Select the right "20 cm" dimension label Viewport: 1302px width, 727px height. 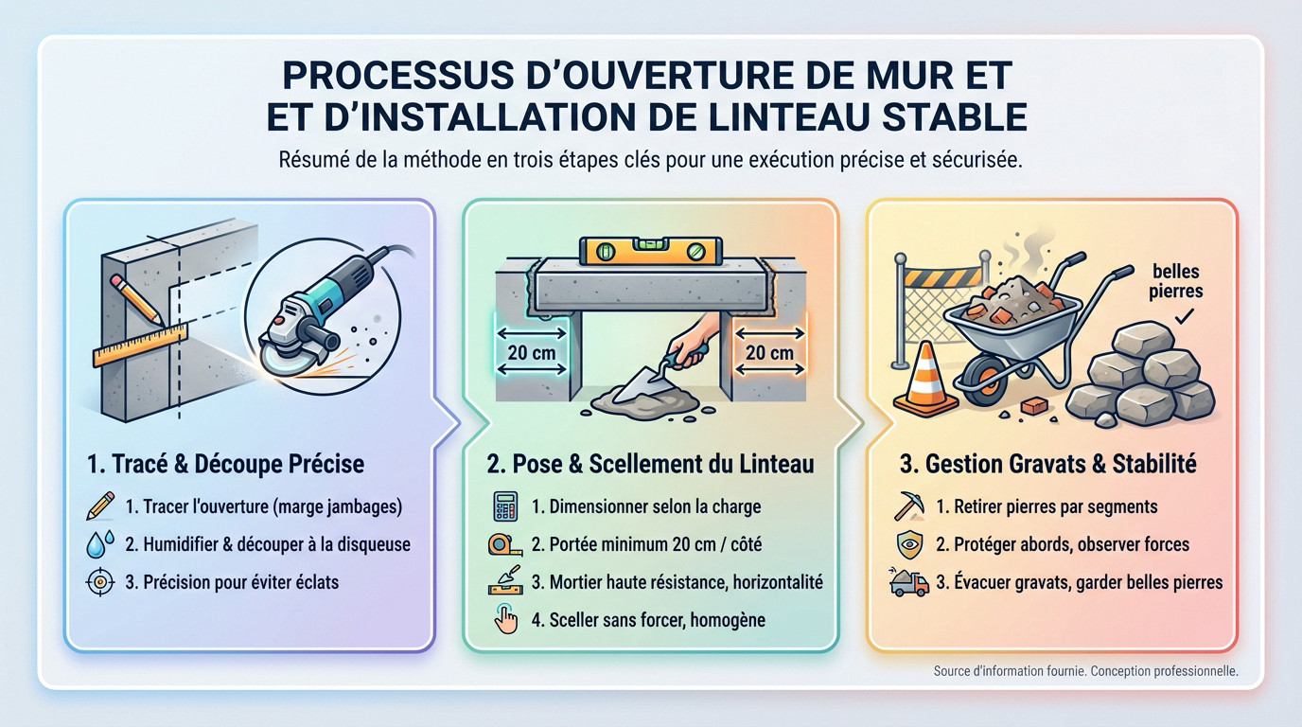pyautogui.click(x=769, y=353)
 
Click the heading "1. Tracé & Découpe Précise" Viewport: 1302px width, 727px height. pyautogui.click(x=225, y=465)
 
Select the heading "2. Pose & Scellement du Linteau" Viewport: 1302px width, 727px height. pyautogui.click(x=650, y=465)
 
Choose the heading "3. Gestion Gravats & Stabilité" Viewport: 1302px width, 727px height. pyautogui.click(x=1047, y=465)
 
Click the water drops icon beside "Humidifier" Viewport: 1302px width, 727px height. pyautogui.click(x=100, y=544)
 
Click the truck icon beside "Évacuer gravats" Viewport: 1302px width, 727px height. pyautogui.click(x=908, y=581)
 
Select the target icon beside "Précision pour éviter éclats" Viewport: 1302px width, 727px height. pyautogui.click(x=100, y=581)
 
